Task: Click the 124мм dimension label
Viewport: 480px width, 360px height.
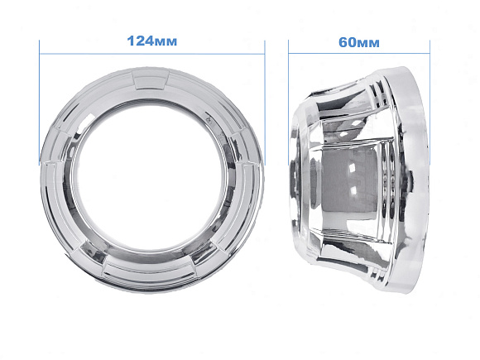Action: click(151, 41)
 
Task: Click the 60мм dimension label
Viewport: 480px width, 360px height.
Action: click(359, 42)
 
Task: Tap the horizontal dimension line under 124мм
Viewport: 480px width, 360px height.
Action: click(151, 54)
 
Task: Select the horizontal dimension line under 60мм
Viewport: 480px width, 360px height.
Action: click(359, 54)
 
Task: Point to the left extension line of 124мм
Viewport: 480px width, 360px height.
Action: click(40, 103)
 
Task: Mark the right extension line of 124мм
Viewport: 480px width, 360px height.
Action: click(265, 103)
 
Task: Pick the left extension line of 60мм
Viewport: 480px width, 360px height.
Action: click(288, 103)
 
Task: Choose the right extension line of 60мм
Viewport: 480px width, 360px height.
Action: click(430, 103)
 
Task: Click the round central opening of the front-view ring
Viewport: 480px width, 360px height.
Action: click(151, 179)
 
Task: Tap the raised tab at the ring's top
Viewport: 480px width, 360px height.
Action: click(151, 79)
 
